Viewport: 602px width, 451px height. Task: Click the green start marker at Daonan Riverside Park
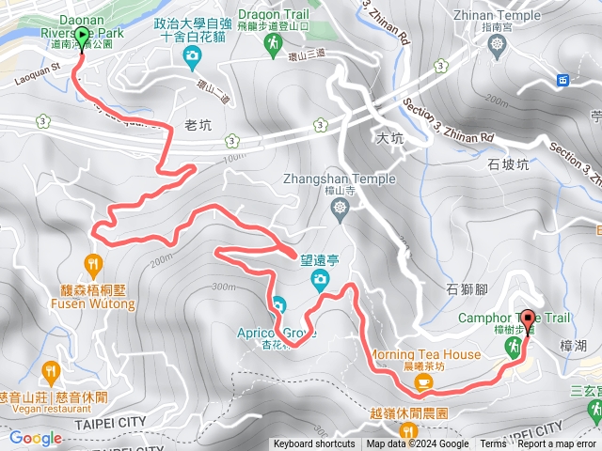pos(81,39)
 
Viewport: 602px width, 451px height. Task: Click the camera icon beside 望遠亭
pos(320,278)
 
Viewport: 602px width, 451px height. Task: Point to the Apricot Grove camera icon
pos(278,304)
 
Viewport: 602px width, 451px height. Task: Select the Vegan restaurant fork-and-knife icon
pos(51,370)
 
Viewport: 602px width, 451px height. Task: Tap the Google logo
pos(35,438)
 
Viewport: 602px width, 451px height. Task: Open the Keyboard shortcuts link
pos(314,444)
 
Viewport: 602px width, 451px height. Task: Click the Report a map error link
pos(557,444)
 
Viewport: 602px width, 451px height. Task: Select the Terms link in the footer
pos(493,444)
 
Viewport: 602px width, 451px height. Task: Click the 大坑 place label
pos(388,137)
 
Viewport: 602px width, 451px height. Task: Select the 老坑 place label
pos(198,125)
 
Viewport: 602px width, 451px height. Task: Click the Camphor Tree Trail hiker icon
pos(514,349)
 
